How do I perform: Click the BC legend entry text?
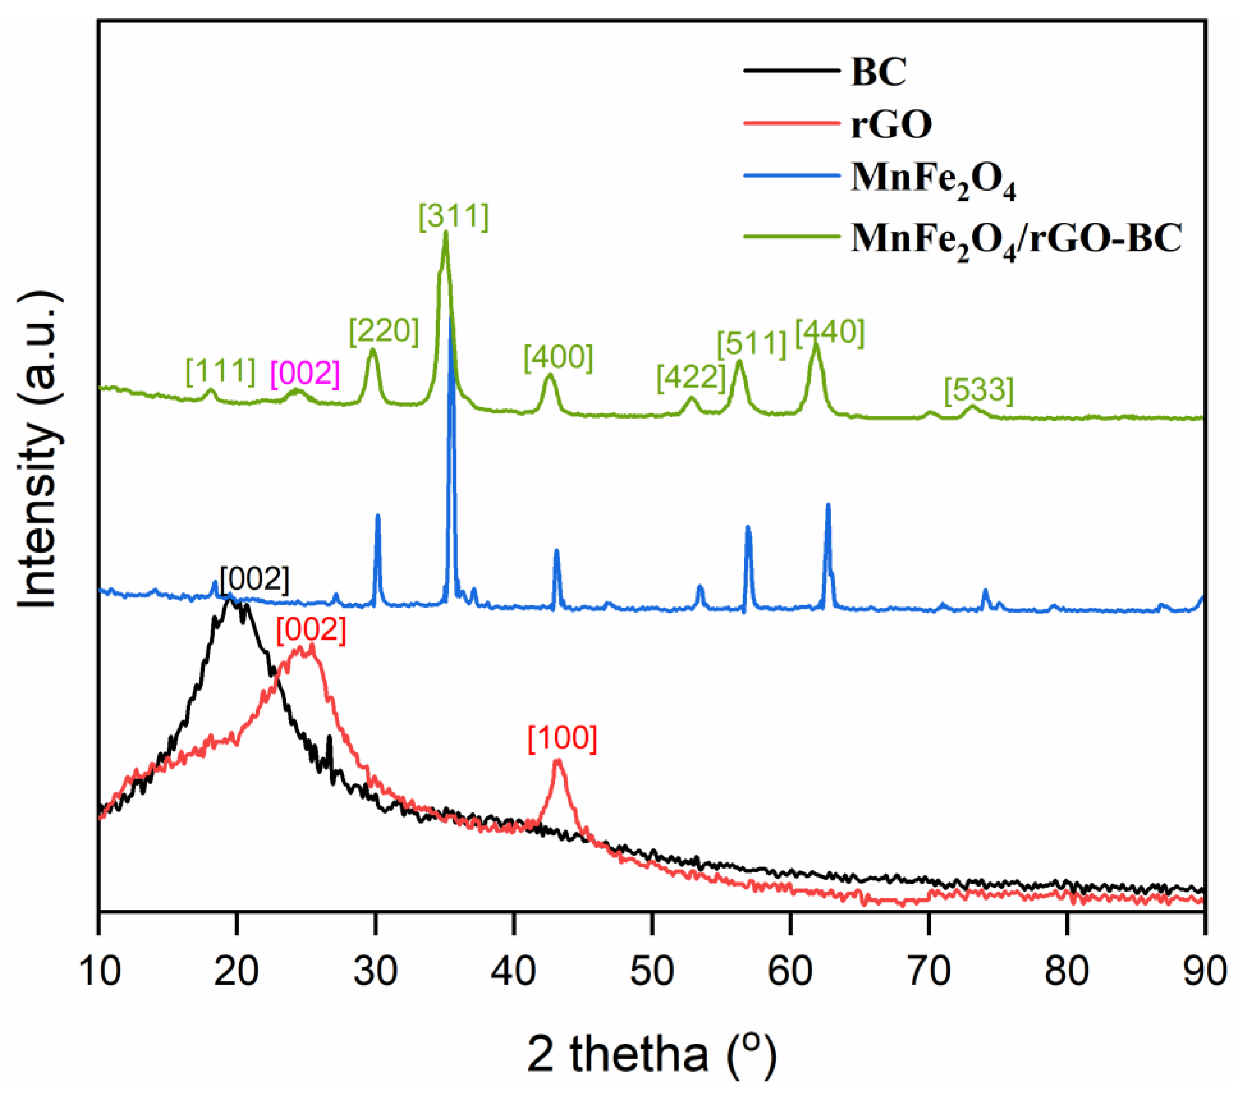pyautogui.click(x=878, y=72)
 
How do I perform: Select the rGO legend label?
pyautogui.click(x=891, y=124)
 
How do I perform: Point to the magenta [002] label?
pyautogui.click(x=305, y=373)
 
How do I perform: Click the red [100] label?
pyautogui.click(x=563, y=738)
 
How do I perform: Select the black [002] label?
pyautogui.click(x=254, y=580)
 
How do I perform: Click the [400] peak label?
pyautogui.click(x=558, y=358)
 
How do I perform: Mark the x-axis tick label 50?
pyautogui.click(x=652, y=972)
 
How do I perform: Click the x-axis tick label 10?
pyautogui.click(x=100, y=972)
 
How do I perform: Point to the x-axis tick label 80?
pyautogui.click(x=1066, y=972)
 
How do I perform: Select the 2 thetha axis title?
pyautogui.click(x=651, y=1054)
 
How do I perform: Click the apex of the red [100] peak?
pyautogui.click(x=558, y=761)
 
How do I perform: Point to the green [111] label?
pyautogui.click(x=221, y=371)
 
